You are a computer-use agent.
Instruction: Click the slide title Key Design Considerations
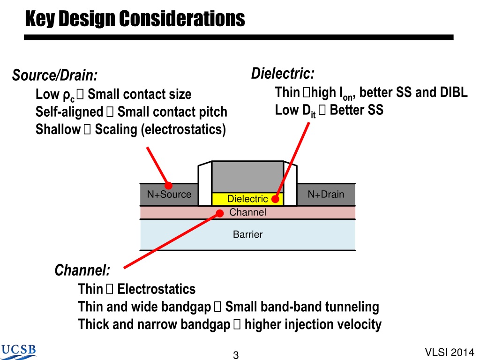[135, 18]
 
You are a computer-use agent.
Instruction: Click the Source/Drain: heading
[55, 75]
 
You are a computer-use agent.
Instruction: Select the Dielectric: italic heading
[283, 74]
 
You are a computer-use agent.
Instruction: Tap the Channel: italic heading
[82, 270]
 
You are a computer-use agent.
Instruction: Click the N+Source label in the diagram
[169, 194]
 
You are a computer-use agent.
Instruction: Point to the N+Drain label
[326, 194]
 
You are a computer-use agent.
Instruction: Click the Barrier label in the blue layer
[247, 234]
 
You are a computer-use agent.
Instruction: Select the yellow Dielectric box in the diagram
[247, 199]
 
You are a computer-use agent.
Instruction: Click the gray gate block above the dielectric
[247, 177]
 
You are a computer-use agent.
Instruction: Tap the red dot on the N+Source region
[168, 186]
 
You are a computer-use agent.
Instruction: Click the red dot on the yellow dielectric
[276, 199]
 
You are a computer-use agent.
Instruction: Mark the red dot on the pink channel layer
[220, 213]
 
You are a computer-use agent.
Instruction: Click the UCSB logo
[18, 352]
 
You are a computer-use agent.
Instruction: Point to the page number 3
[236, 355]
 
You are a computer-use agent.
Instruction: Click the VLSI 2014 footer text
[450, 352]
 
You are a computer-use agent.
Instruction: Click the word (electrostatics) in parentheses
[183, 129]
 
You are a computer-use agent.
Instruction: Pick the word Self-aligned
[69, 112]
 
